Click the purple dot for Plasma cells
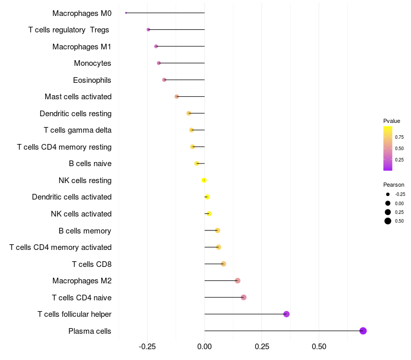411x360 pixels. point(363,331)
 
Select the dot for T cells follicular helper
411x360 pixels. point(287,314)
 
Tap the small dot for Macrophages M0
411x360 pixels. point(126,13)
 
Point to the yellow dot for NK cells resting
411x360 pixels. point(204,180)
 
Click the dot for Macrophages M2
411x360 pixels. point(237,280)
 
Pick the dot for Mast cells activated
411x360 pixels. point(177,97)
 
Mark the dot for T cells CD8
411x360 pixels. point(223,264)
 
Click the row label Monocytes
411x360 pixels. point(92,63)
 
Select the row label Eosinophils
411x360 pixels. point(92,80)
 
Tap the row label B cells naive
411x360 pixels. point(90,164)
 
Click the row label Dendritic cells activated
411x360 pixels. point(71,197)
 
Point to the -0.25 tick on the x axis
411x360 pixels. point(147,346)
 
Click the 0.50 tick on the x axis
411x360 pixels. point(319,346)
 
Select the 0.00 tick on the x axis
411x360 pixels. point(204,346)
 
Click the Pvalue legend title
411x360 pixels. point(391,121)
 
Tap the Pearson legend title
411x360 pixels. point(394,185)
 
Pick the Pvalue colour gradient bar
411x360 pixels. point(388,148)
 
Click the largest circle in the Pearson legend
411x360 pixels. point(388,221)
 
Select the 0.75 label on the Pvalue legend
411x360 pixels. point(399,137)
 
